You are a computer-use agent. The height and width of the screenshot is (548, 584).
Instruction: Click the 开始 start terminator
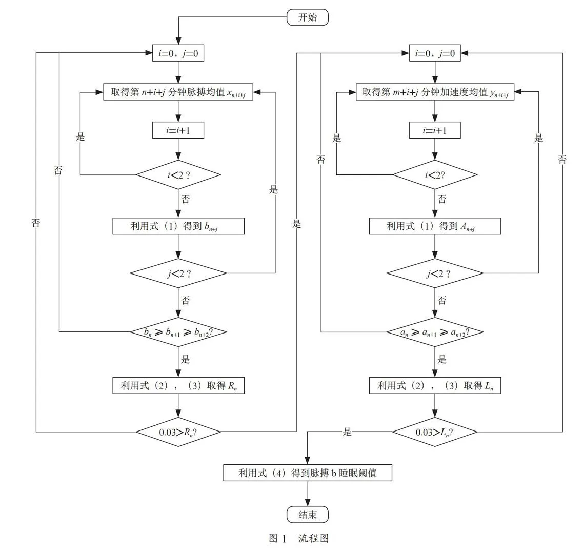coord(307,17)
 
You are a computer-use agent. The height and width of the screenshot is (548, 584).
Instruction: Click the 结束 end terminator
coord(307,515)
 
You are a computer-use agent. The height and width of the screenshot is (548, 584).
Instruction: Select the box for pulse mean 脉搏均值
coord(178,92)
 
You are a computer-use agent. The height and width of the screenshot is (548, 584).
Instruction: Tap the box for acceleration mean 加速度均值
coord(435,92)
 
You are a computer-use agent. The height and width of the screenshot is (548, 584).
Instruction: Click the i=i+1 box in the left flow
coord(178,130)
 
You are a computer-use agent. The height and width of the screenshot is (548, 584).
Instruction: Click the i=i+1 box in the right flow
coord(435,130)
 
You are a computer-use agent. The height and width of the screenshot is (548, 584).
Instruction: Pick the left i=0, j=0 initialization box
coord(178,53)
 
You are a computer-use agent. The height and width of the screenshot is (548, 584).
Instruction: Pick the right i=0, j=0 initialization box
coord(435,53)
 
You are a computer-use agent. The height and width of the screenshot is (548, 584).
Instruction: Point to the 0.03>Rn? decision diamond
coord(178,432)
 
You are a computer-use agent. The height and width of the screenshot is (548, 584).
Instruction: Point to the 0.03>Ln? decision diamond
coord(435,432)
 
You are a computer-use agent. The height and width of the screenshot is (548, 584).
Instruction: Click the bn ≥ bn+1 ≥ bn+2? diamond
coord(178,332)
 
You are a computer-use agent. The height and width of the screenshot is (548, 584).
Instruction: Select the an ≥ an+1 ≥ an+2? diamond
coord(435,332)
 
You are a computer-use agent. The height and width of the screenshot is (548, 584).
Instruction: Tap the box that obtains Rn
coord(178,385)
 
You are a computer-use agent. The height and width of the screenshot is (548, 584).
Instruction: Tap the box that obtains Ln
coord(435,385)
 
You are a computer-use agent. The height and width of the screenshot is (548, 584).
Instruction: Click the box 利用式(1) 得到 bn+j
coord(178,226)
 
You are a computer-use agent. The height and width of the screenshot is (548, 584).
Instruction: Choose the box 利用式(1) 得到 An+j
coord(435,226)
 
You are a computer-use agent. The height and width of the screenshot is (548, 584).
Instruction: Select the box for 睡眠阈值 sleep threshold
coord(308,473)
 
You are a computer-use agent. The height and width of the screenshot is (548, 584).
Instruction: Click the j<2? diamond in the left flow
coord(178,273)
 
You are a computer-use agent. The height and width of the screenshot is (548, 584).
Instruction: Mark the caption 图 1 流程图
coord(299,538)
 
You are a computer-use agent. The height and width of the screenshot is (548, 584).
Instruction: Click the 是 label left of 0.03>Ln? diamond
coord(347,432)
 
